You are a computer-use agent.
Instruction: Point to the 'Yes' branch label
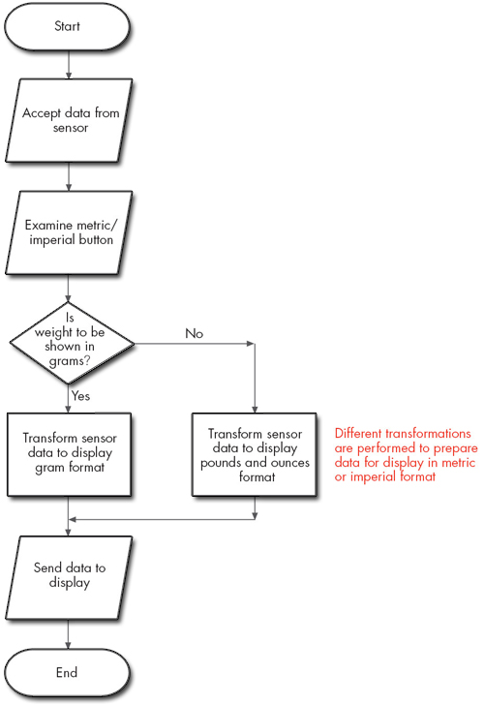pos(81,395)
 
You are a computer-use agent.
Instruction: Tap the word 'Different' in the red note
pos(360,433)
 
